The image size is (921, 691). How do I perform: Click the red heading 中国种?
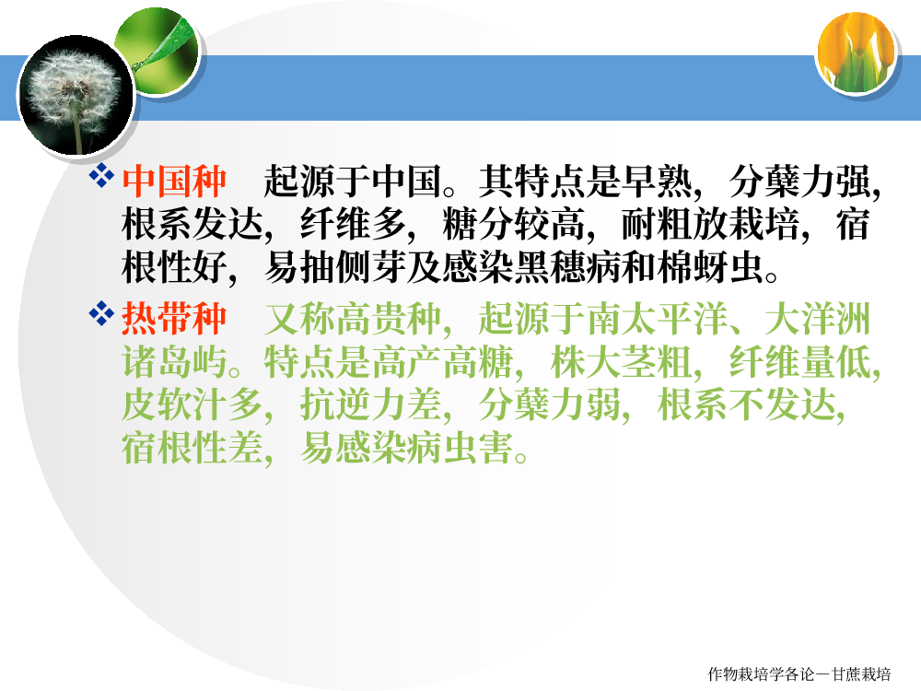(174, 182)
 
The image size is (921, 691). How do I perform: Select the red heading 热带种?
(174, 319)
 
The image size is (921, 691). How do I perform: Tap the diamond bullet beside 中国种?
(101, 175)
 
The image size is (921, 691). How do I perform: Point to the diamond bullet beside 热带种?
(101, 313)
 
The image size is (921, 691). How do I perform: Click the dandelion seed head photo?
(76, 95)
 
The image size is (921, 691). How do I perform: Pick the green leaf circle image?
(158, 52)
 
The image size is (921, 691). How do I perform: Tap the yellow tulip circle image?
(857, 54)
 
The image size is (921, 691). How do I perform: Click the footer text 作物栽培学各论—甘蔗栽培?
(799, 674)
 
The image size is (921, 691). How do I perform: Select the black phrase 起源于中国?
(352, 182)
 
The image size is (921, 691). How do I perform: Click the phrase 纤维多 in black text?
(353, 225)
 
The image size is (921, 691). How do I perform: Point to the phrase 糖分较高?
(514, 225)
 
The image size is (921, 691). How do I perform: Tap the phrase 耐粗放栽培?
(710, 225)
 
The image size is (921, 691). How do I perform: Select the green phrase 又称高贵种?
(352, 319)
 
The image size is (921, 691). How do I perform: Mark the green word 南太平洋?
(658, 319)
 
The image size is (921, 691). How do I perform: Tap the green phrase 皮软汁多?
(192, 404)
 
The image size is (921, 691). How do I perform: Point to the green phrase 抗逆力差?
(371, 404)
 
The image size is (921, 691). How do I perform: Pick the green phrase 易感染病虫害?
(406, 448)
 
